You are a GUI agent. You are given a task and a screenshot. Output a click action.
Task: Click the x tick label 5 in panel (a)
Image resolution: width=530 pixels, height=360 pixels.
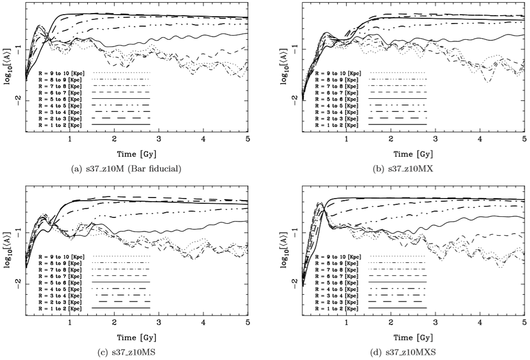point(248,141)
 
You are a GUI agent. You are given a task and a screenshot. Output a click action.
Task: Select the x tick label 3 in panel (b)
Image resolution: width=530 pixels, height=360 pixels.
point(435,141)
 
